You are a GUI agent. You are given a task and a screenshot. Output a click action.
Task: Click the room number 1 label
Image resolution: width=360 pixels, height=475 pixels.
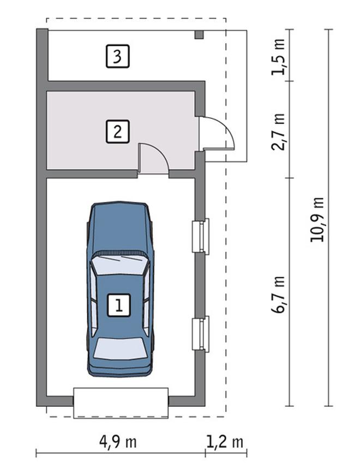(x=119, y=305)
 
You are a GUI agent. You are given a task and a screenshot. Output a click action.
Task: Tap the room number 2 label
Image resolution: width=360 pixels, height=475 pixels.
(x=118, y=131)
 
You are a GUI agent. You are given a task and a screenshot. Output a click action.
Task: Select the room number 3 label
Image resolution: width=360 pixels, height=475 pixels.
(x=118, y=56)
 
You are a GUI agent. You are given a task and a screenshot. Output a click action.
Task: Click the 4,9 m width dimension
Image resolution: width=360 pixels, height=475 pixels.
(x=118, y=442)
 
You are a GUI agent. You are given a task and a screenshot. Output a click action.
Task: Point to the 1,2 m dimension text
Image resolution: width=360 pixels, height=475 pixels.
(x=225, y=442)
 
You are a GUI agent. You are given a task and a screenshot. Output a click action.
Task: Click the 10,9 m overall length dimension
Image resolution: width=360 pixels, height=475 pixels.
(x=317, y=220)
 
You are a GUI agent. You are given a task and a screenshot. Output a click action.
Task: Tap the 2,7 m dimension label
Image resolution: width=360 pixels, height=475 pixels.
(x=278, y=132)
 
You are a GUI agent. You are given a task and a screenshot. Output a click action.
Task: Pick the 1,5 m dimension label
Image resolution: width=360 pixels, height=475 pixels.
(x=278, y=57)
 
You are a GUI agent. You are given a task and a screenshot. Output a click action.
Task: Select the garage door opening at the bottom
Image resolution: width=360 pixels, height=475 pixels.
(x=121, y=403)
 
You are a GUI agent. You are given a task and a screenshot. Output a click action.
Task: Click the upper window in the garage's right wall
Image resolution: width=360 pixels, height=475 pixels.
(x=201, y=236)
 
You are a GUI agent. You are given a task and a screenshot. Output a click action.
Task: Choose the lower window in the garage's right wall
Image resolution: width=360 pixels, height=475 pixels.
(x=201, y=334)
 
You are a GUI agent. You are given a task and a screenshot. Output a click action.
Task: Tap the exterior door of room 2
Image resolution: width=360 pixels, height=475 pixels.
(x=217, y=133)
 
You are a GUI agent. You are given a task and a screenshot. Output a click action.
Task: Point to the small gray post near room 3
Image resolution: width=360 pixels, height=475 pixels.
(x=199, y=34)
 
